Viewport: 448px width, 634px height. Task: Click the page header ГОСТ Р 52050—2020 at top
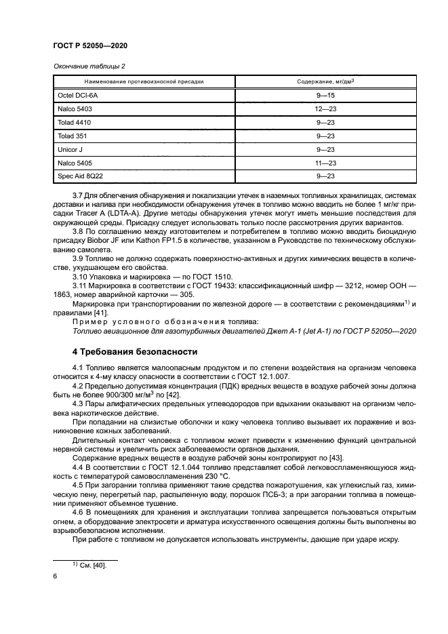click(x=90, y=45)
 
